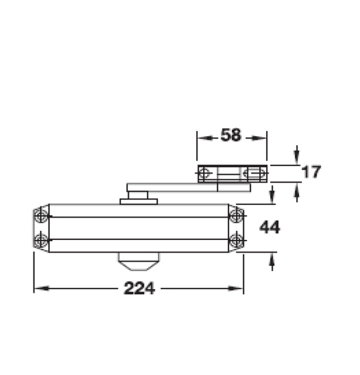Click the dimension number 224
(139, 288)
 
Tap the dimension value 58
(231, 135)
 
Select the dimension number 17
(311, 172)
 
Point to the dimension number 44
(270, 227)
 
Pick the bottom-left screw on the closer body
(41, 240)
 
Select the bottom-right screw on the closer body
(236, 240)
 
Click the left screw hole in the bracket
(204, 173)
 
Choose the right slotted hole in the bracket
(254, 173)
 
